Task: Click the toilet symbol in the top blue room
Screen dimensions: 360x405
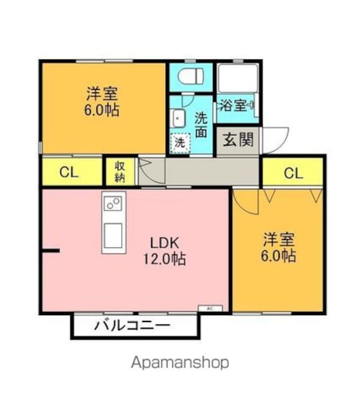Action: pos(190,76)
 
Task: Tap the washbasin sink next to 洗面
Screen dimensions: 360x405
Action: pos(178,118)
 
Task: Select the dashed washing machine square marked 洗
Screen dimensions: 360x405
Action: pos(180,142)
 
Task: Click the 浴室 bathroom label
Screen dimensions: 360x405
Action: pos(233,105)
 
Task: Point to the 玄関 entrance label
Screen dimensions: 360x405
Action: pos(239,140)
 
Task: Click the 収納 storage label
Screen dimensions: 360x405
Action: pos(120,172)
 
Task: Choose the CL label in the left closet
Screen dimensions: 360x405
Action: pos(69,172)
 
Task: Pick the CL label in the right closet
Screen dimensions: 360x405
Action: pos(294,173)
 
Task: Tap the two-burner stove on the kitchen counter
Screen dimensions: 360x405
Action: pos(113,203)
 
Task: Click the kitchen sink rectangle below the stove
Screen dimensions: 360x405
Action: pos(113,235)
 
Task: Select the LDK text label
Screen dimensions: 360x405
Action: pos(164,243)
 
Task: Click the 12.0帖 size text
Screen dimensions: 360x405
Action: pos(164,259)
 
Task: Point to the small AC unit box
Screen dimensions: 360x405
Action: pos(210,308)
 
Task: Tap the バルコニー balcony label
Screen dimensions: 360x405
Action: pos(132,325)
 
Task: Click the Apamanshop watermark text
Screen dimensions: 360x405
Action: pos(180,363)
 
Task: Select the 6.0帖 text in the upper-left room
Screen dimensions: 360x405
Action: pos(102,110)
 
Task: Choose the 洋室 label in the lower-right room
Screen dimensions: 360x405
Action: pos(279,239)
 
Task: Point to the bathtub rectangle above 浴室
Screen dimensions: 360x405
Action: pos(238,77)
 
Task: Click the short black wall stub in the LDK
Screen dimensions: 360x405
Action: pos(51,251)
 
